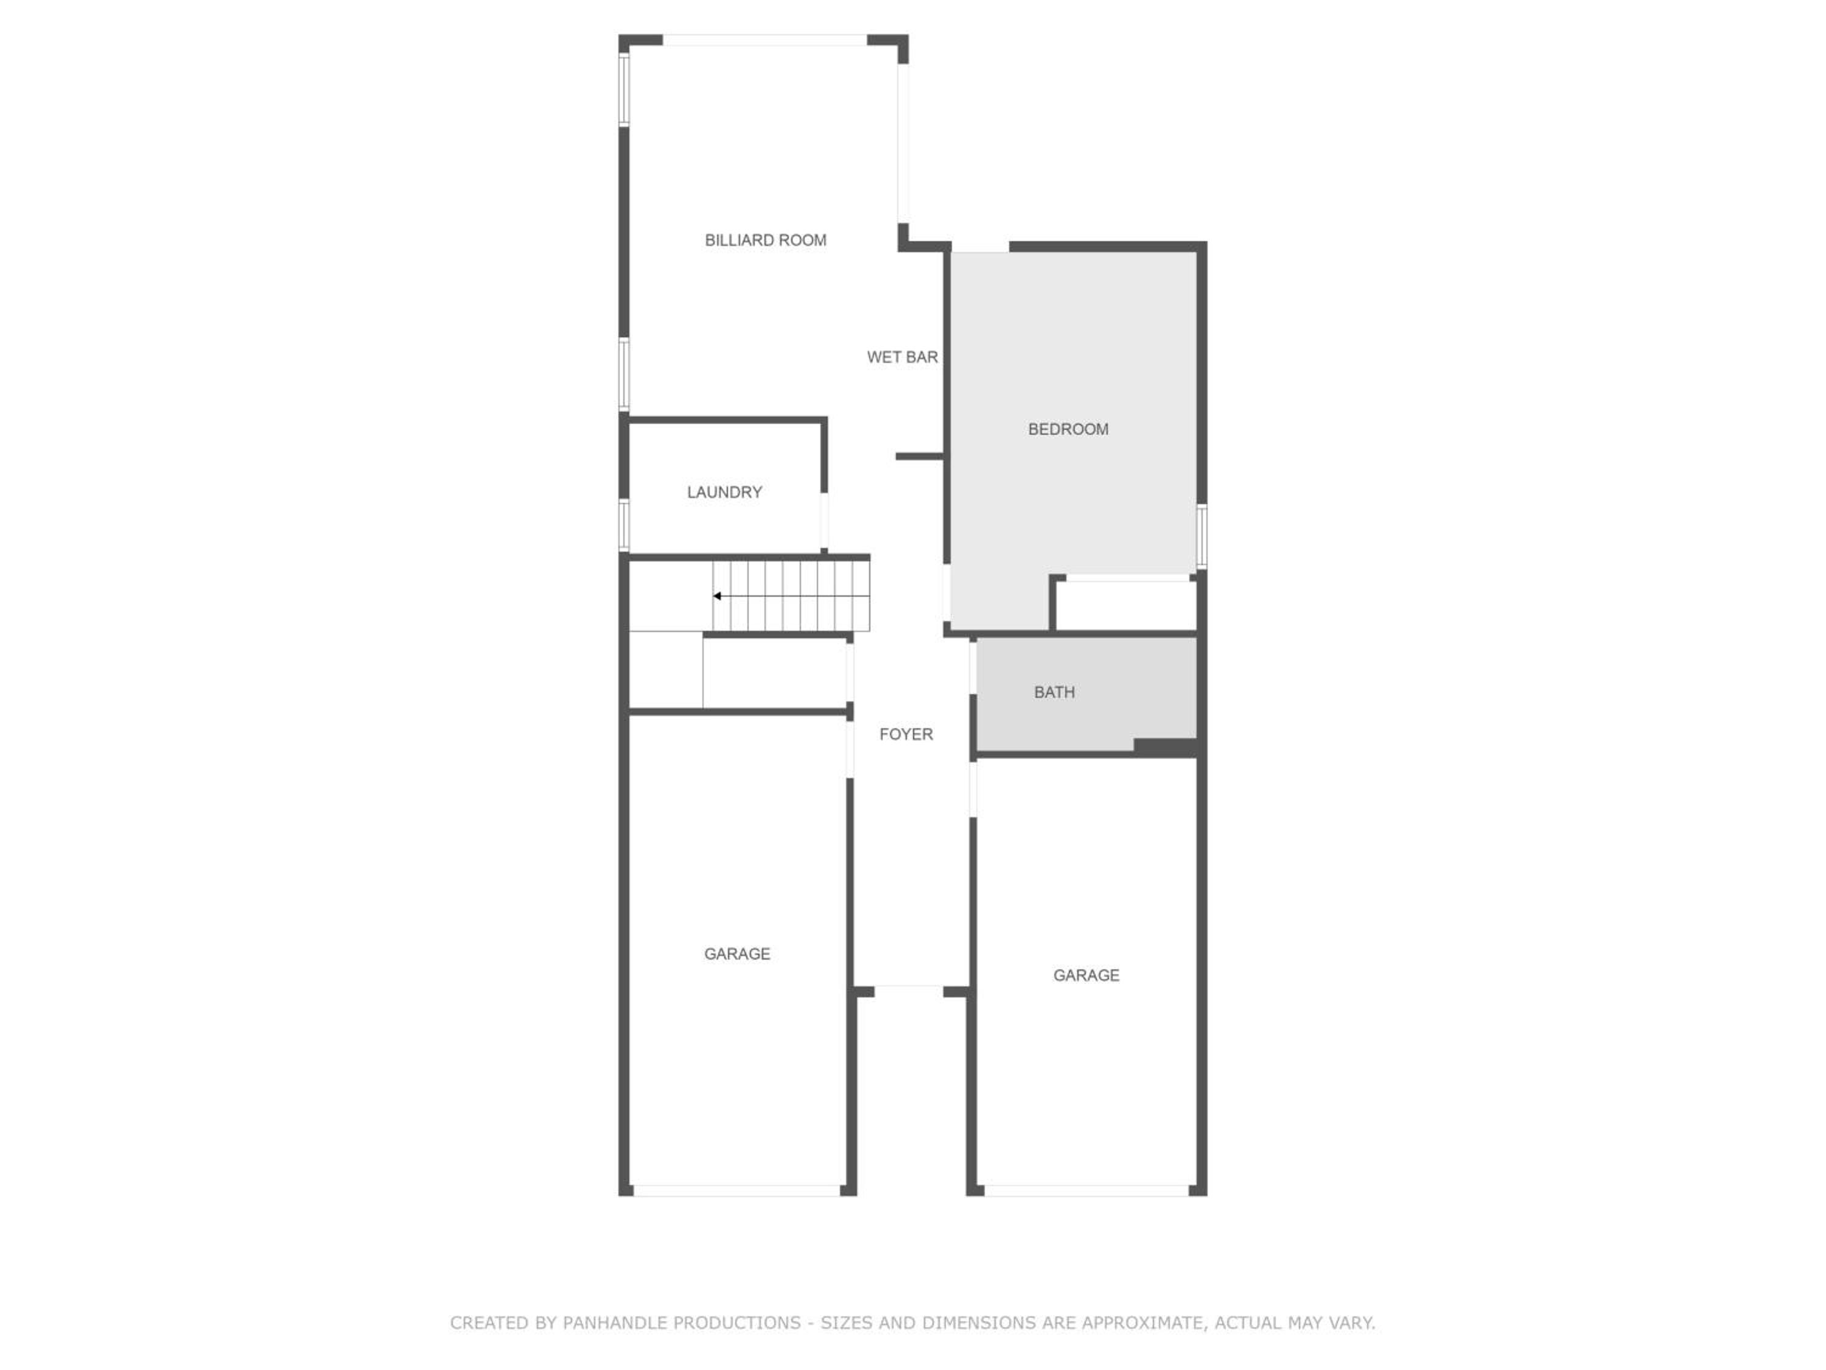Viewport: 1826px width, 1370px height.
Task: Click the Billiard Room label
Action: click(765, 241)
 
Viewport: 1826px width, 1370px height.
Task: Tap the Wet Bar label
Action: click(902, 357)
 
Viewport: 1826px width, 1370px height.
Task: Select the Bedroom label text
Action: click(1068, 429)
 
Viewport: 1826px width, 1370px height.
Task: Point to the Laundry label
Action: click(724, 492)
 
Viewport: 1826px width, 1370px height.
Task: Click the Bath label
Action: click(1054, 693)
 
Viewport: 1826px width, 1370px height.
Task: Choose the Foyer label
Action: click(906, 735)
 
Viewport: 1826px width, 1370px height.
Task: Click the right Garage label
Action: click(1086, 976)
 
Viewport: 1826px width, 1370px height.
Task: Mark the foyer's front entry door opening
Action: click(908, 990)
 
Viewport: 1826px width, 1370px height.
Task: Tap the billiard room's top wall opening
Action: click(764, 40)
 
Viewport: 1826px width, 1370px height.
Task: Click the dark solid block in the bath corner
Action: click(1166, 746)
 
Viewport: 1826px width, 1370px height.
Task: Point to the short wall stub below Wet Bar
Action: click(920, 457)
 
